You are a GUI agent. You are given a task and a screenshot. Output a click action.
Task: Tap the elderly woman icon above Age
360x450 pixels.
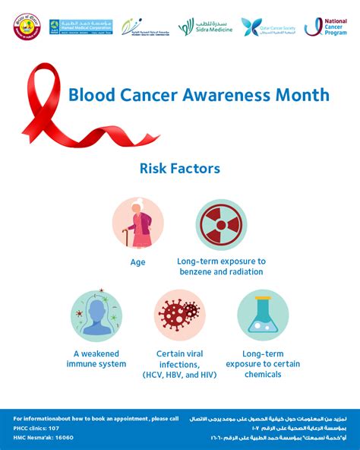[x=137, y=223]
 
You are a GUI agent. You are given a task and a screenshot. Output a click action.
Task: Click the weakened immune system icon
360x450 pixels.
[x=96, y=314]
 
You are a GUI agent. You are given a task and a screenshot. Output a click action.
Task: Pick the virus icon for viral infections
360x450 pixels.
[x=180, y=314]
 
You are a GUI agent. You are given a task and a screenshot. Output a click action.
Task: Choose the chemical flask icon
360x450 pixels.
[x=263, y=314]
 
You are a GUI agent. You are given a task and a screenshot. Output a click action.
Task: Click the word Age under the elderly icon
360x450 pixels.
[x=137, y=262]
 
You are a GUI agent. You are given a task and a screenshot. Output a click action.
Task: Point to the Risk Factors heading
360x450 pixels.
[x=179, y=169]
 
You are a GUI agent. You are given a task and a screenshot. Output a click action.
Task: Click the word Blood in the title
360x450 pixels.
[x=87, y=96]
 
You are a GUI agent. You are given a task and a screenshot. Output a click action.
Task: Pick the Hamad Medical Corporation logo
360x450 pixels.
[x=81, y=27]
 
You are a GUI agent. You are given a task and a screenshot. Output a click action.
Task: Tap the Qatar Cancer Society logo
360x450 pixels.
[x=265, y=27]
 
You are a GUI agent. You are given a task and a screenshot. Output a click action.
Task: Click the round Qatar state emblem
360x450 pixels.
[x=24, y=27]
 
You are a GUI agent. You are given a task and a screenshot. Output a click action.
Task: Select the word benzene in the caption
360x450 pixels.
[x=197, y=271]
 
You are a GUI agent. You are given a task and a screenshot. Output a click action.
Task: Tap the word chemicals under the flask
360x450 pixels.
[x=263, y=375]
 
